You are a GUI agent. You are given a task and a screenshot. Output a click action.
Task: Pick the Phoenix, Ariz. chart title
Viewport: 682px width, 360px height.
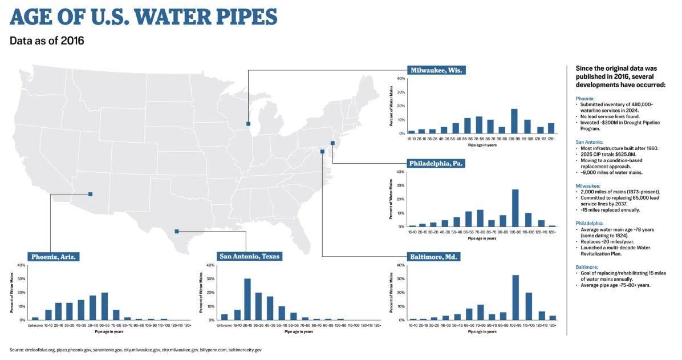(52, 257)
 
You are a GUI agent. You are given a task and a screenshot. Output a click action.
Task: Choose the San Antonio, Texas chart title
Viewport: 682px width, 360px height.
(250, 257)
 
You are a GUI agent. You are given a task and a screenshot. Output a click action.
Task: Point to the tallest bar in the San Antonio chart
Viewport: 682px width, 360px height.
(247, 299)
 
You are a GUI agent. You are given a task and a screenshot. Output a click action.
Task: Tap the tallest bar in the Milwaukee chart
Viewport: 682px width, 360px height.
(514, 121)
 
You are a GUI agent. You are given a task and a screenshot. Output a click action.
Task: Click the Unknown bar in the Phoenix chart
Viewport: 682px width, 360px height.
(35, 318)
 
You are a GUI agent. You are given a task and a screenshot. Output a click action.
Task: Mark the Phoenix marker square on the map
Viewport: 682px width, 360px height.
(91, 194)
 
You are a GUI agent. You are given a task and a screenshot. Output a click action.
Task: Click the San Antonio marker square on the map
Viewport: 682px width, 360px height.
(177, 231)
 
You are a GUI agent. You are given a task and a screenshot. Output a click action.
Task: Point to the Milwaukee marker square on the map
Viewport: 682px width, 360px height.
(248, 123)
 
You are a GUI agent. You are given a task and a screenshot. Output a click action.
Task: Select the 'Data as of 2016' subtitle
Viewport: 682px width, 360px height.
(47, 41)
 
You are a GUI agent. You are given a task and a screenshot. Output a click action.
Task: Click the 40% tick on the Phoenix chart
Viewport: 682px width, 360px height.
(21, 265)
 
